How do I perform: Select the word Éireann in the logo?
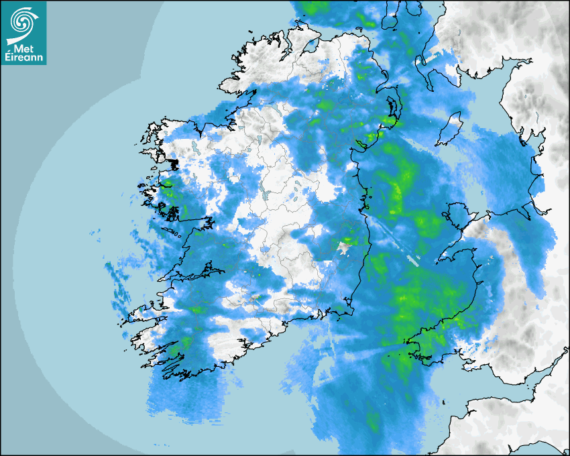tap(23, 58)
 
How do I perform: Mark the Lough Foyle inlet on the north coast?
tap(310, 47)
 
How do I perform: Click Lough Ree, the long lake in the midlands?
tap(269, 195)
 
